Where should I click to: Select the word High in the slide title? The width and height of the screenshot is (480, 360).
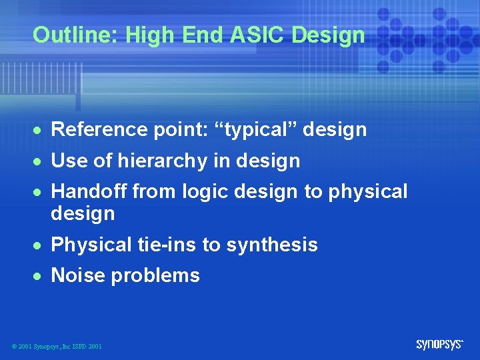click(143, 35)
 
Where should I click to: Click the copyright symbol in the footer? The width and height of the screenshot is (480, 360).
click(14, 347)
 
